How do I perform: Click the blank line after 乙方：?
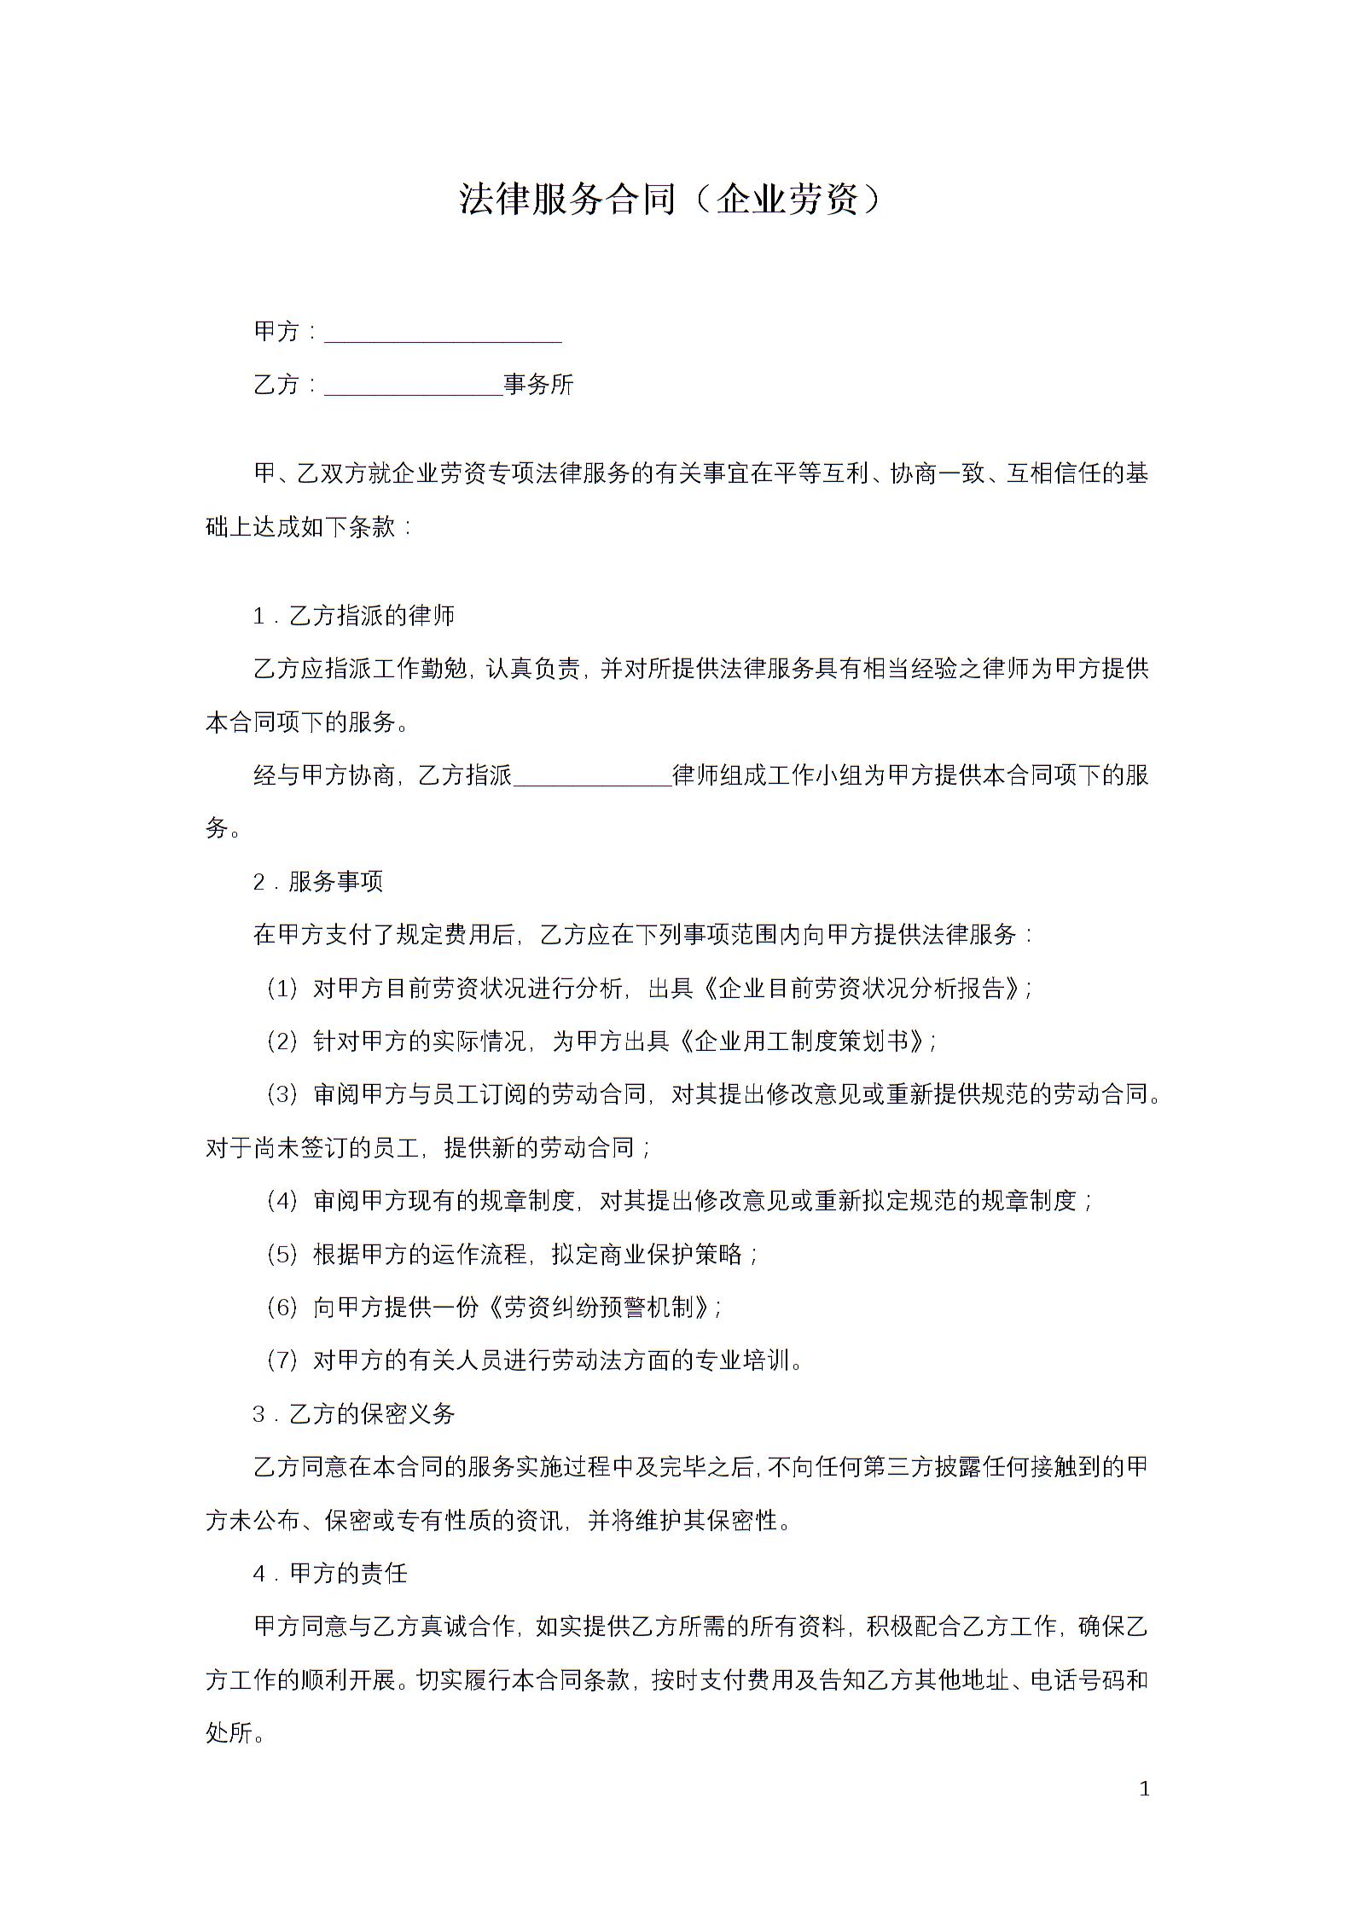tap(414, 386)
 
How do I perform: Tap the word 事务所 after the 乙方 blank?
tap(538, 385)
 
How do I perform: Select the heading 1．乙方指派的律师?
tap(354, 615)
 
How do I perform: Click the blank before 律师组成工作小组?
tap(593, 776)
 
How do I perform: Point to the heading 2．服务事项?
tap(318, 882)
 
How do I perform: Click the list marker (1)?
tap(282, 989)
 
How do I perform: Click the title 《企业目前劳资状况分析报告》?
tap(865, 989)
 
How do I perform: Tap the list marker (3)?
tap(282, 1095)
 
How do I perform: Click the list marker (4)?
tap(282, 1202)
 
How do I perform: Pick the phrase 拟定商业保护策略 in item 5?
tap(647, 1255)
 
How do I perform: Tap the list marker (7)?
tap(282, 1360)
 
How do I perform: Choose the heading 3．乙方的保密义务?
tap(354, 1414)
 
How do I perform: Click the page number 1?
tap(1145, 1789)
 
